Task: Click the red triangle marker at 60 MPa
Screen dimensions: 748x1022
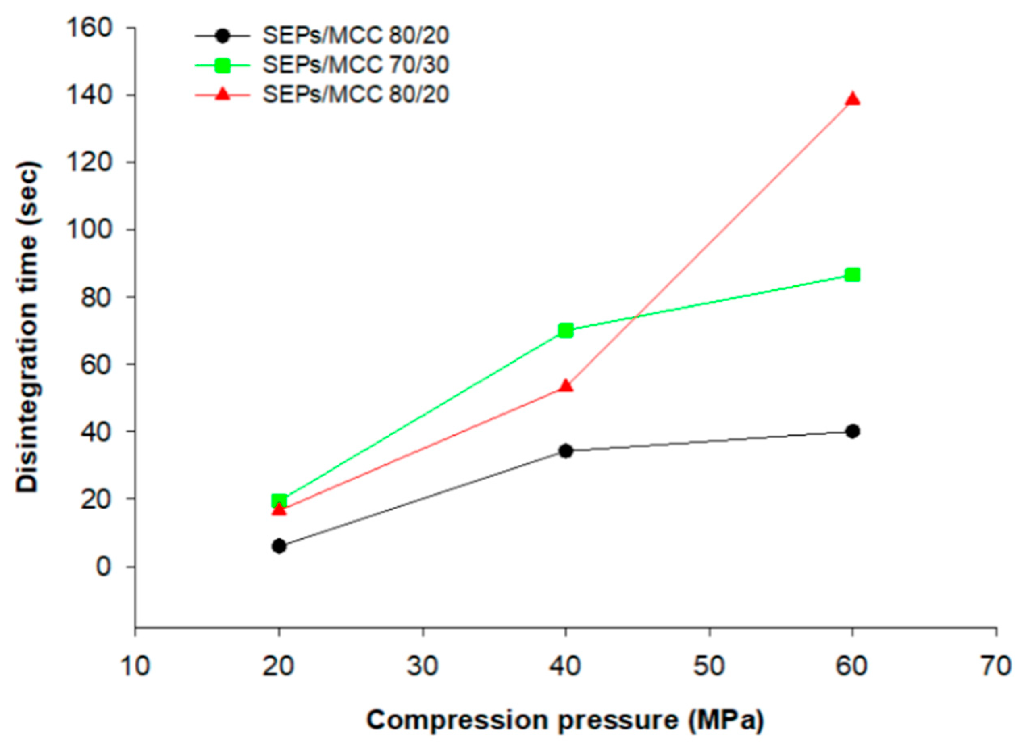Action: pyautogui.click(x=852, y=99)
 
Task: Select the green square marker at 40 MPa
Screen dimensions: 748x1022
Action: pyautogui.click(x=566, y=330)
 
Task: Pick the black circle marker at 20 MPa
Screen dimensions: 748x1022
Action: pyautogui.click(x=279, y=546)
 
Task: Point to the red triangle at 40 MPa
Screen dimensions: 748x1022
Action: pyautogui.click(x=566, y=386)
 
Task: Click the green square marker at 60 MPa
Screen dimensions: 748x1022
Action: pyautogui.click(x=852, y=274)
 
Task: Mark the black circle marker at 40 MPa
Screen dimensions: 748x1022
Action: pyautogui.click(x=566, y=451)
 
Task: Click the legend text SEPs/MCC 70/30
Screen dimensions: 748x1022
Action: pyautogui.click(x=356, y=65)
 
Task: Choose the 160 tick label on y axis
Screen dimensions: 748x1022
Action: pyautogui.click(x=89, y=28)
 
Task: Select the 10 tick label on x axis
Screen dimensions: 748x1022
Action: pyautogui.click(x=135, y=667)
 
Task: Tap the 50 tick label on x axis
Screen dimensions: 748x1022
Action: pyautogui.click(x=709, y=667)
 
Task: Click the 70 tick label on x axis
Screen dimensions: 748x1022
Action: pyautogui.click(x=996, y=667)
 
